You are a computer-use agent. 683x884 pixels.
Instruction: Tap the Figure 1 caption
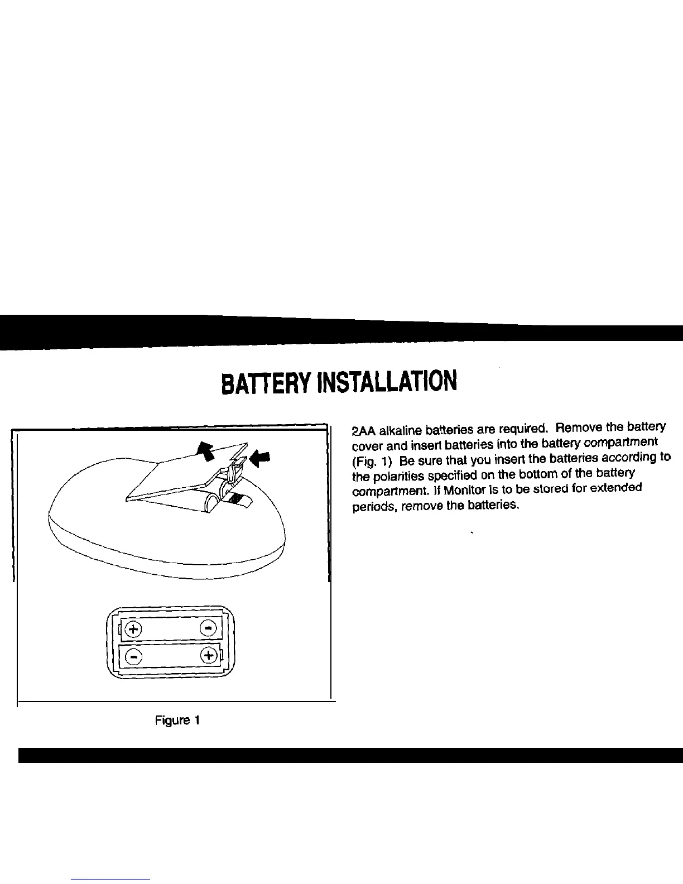tap(177, 720)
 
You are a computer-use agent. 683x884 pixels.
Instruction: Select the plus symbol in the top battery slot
tap(133, 628)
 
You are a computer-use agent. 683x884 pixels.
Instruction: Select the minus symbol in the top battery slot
tap(208, 628)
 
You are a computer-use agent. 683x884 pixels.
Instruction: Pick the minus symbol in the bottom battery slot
tap(133, 656)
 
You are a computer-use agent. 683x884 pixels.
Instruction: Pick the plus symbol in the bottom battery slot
tap(208, 655)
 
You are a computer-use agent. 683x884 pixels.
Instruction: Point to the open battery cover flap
tap(179, 472)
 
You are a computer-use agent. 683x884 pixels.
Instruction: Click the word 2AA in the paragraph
tap(364, 431)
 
